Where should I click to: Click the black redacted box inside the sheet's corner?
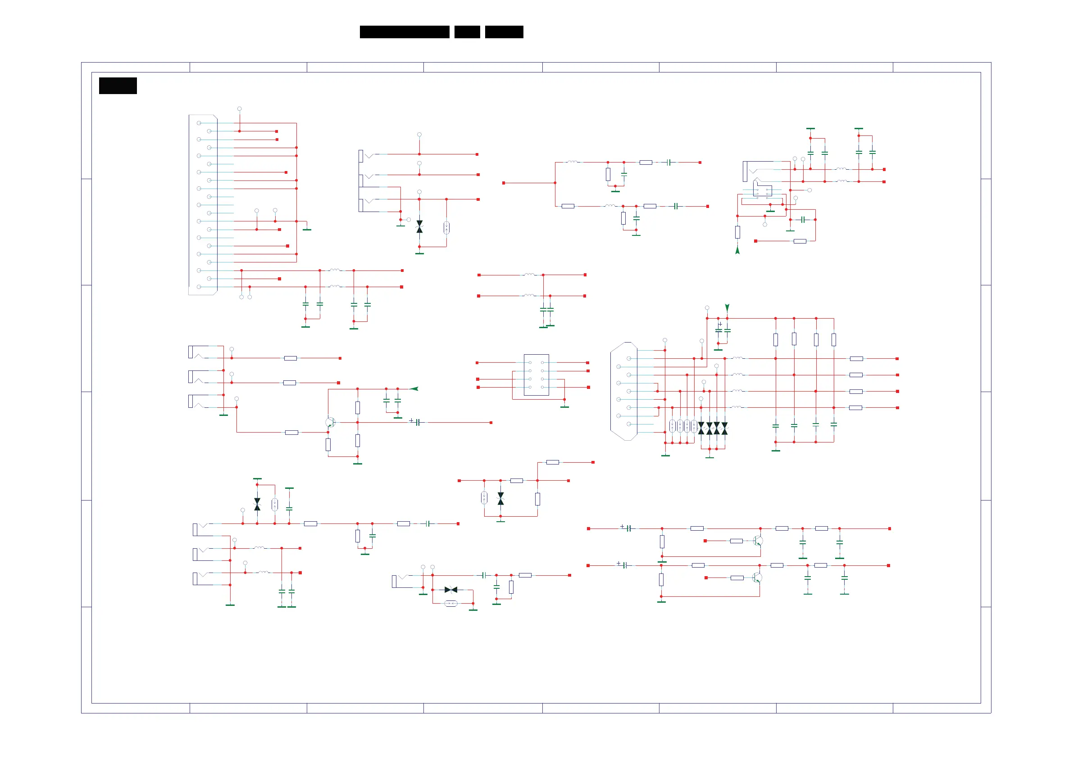coord(118,86)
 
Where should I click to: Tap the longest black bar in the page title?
coord(404,32)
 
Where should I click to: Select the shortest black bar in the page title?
coord(467,32)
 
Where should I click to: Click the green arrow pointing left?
coord(414,388)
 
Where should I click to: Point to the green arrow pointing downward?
coord(727,307)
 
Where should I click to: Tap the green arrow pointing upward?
coord(737,250)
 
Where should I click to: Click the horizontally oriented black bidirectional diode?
coord(451,590)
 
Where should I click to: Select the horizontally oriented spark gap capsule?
coord(451,604)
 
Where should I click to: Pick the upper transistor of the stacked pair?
coord(758,541)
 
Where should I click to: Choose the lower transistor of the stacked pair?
coord(757,578)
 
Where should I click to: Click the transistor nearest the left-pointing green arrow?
coord(330,423)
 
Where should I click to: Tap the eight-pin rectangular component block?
coord(536,374)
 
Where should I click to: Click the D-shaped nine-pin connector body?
coord(624,391)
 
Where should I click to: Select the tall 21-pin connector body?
coord(203,204)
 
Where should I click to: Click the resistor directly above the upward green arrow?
coord(737,232)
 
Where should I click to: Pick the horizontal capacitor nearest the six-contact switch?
coord(803,220)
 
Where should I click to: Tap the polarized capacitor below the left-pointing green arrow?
coord(417,422)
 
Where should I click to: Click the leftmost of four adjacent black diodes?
coord(701,428)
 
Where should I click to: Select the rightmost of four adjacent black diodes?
coord(724,428)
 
